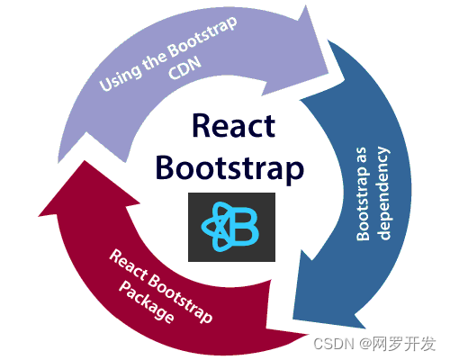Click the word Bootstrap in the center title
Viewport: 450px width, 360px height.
coord(229,167)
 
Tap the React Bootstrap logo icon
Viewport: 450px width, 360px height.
coord(231,226)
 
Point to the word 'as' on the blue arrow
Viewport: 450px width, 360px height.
coord(362,162)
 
